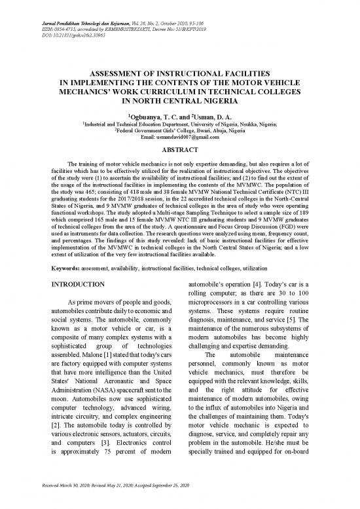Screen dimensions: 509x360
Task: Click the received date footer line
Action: [115, 502]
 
